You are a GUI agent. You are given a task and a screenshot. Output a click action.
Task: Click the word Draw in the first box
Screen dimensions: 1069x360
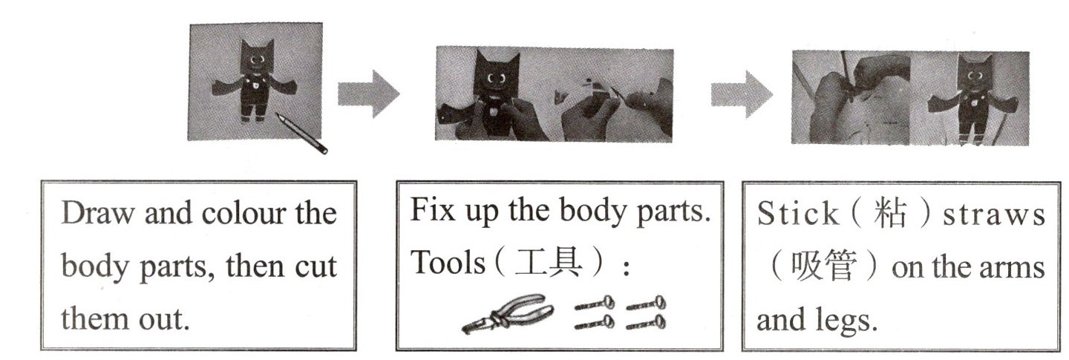[x=99, y=213]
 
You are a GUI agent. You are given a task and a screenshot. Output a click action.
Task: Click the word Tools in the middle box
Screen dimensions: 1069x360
[x=448, y=263]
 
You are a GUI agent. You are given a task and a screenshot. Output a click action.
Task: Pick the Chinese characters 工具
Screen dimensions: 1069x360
[x=549, y=263]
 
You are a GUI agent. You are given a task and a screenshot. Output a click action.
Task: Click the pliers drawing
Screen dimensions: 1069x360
[x=508, y=313]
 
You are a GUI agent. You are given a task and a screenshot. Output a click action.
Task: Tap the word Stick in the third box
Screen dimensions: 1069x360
[x=797, y=213]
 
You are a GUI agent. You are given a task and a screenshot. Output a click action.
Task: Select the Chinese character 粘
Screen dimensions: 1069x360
[x=889, y=213]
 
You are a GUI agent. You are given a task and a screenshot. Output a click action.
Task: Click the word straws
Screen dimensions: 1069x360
[x=993, y=215]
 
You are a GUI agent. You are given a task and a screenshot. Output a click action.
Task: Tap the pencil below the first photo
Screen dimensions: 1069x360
[x=301, y=134]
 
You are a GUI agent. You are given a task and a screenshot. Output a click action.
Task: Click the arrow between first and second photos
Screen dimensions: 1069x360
[x=368, y=94]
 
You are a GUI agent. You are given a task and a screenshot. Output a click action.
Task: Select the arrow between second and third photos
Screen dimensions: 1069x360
[x=742, y=94]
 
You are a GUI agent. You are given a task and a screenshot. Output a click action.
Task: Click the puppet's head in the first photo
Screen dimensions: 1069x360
[x=257, y=57]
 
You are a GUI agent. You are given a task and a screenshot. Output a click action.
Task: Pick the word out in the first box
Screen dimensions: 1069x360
[x=163, y=320]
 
